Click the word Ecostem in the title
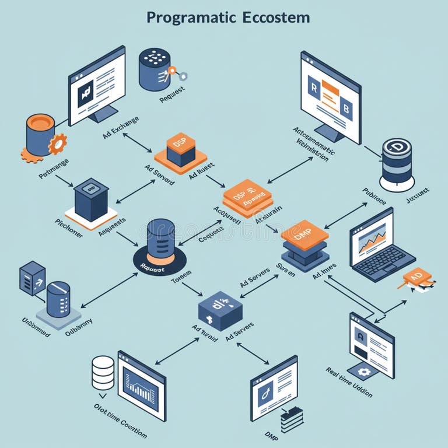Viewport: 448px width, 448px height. click(x=274, y=17)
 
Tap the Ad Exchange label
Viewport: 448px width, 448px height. click(x=121, y=127)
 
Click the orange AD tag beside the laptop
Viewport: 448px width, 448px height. click(x=416, y=276)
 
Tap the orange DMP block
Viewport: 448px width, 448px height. click(x=304, y=235)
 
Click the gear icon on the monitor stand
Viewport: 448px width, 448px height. click(x=363, y=371)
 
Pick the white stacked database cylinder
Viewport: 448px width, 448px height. click(x=103, y=373)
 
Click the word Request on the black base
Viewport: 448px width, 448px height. click(x=152, y=269)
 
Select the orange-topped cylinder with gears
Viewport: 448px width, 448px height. click(x=41, y=135)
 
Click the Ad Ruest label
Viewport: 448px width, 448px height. click(x=201, y=170)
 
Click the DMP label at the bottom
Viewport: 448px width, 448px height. click(x=272, y=435)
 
